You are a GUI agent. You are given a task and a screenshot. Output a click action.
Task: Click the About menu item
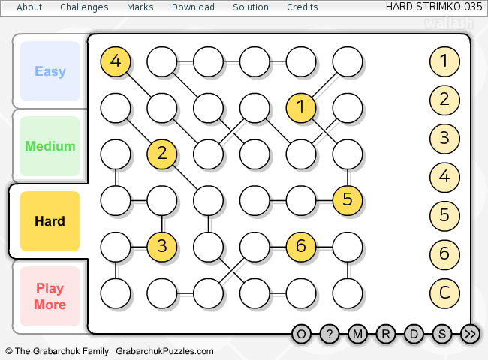point(29,7)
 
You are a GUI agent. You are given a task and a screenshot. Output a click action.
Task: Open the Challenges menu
point(84,7)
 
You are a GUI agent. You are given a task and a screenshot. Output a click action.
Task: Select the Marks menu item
point(140,7)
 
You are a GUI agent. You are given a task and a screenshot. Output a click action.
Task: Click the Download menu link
point(193,7)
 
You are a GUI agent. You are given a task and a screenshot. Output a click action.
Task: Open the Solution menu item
point(251,7)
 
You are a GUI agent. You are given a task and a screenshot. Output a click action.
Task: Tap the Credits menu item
point(302,7)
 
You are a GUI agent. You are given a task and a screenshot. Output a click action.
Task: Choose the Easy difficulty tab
point(50,71)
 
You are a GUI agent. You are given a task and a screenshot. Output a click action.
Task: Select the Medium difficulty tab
point(50,146)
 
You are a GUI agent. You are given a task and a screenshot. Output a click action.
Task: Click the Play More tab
point(50,296)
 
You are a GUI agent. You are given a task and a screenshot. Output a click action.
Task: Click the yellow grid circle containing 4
point(116,61)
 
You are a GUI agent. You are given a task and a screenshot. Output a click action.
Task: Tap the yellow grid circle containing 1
point(301,108)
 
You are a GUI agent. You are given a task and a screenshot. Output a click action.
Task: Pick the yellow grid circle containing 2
point(162,154)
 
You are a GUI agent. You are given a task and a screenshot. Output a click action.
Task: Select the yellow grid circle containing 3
point(162,246)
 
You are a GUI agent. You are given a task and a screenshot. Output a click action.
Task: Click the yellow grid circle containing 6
point(301,246)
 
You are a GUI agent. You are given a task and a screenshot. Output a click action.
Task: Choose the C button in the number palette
point(444,292)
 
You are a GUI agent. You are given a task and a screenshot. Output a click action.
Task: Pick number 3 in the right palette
point(444,138)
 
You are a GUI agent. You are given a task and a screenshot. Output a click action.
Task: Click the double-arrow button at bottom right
point(471,334)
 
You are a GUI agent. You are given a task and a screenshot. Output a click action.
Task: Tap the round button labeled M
point(357,334)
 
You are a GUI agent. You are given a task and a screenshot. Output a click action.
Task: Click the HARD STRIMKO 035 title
point(433,7)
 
